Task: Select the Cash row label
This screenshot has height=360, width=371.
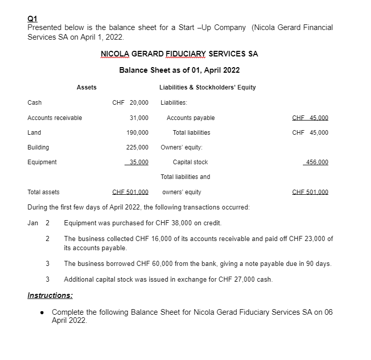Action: [35, 103]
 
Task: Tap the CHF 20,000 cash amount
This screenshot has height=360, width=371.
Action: [130, 103]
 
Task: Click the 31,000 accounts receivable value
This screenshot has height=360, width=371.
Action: [139, 118]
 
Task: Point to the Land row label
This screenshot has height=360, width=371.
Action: [34, 133]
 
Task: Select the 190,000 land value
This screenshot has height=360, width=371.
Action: [137, 133]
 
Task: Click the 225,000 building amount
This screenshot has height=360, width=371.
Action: [137, 147]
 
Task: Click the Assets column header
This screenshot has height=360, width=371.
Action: [86, 87]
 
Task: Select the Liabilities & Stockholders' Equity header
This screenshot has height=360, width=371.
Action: [207, 87]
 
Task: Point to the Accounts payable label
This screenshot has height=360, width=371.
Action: [191, 118]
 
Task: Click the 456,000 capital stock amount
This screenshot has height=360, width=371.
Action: [316, 162]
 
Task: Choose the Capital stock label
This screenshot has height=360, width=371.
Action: [190, 162]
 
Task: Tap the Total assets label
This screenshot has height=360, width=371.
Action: [43, 192]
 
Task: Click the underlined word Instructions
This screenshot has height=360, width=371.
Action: [49, 295]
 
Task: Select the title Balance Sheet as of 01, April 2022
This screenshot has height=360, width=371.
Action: [179, 70]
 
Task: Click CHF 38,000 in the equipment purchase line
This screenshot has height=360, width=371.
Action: [148, 223]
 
